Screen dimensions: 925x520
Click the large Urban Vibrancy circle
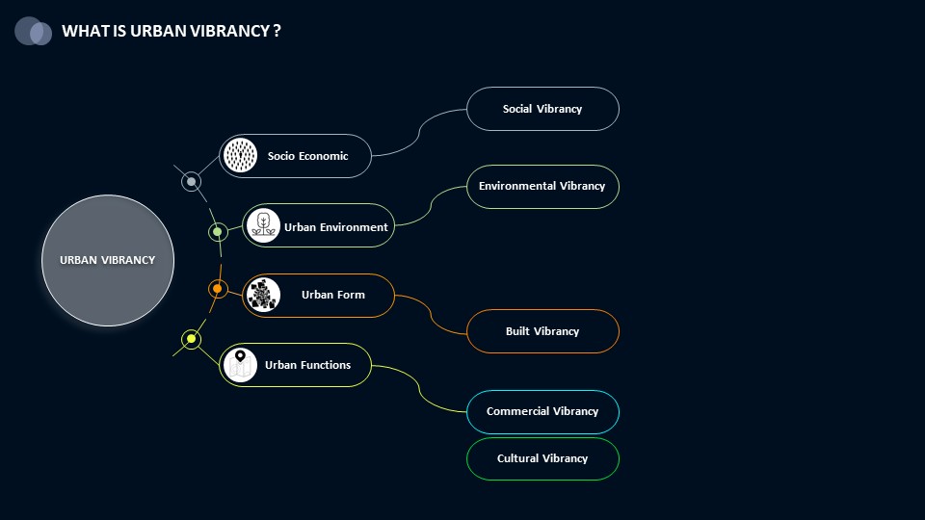tap(108, 260)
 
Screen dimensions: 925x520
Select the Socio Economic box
tap(295, 156)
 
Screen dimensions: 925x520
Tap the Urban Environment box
tap(318, 225)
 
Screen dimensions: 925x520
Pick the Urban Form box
tap(318, 296)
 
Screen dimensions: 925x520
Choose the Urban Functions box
tap(295, 365)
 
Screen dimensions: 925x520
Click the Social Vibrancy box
tap(542, 109)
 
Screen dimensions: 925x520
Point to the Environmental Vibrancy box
tap(542, 186)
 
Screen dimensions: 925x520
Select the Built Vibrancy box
tap(542, 331)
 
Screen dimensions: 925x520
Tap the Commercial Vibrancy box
tap(542, 411)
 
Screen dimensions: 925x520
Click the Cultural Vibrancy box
tap(542, 458)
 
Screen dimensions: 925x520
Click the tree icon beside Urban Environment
tap(263, 225)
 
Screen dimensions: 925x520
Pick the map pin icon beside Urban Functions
tap(240, 365)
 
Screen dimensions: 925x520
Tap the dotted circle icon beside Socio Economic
tap(240, 155)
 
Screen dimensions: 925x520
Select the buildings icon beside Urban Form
tap(263, 295)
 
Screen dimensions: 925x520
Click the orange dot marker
tap(218, 289)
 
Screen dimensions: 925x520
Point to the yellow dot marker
tap(191, 339)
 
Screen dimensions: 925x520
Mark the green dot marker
tap(218, 232)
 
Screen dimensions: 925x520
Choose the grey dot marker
tap(191, 182)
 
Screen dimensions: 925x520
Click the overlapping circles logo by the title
tap(33, 31)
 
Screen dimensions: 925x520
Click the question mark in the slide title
tap(277, 31)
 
